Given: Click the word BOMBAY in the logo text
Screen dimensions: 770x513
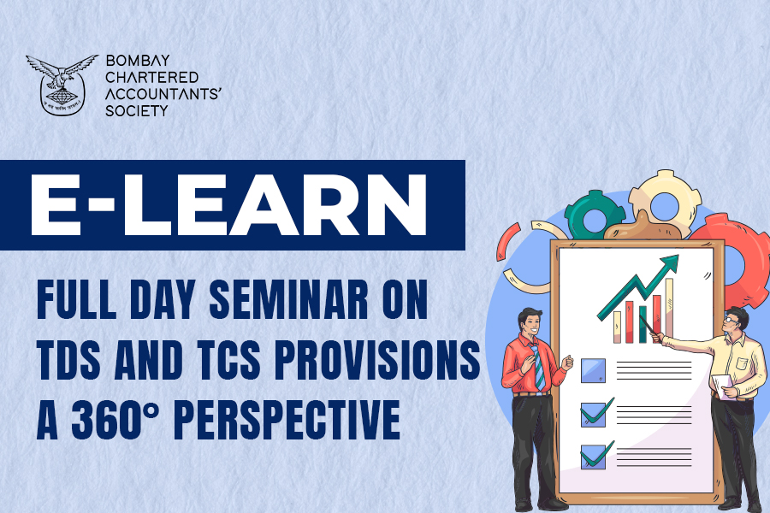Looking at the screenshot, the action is [138, 61].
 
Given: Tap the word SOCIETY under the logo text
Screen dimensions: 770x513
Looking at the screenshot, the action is [137, 111].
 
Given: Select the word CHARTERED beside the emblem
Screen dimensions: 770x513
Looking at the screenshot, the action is [151, 78].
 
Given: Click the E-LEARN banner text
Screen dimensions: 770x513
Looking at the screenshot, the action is [228, 205].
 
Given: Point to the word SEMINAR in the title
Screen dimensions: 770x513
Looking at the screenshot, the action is [289, 299].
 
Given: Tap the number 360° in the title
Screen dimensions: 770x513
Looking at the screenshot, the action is [115, 420].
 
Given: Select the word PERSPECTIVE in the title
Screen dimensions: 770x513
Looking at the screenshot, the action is [287, 420].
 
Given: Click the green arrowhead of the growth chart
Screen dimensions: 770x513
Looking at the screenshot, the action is [669, 264].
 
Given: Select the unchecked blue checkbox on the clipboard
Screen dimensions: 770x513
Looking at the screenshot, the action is [593, 370].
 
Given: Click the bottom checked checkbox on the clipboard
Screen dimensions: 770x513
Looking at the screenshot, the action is [595, 456].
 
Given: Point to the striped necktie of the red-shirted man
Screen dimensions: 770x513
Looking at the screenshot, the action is [538, 366].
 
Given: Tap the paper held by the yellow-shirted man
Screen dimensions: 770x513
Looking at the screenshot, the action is [721, 386].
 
